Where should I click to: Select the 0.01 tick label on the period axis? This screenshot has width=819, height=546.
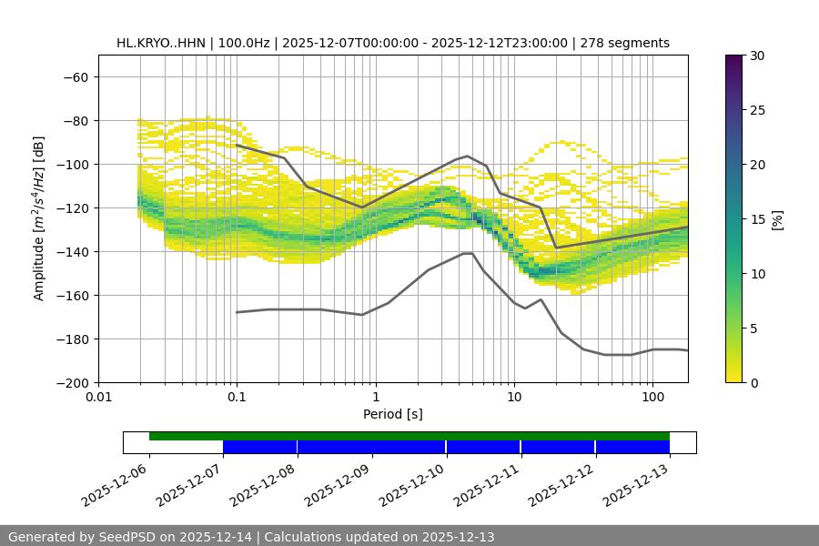[x=98, y=398]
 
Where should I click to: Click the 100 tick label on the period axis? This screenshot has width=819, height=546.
[x=652, y=398]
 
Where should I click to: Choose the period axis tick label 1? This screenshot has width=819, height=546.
[x=375, y=398]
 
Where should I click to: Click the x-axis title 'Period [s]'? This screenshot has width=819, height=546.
[x=393, y=414]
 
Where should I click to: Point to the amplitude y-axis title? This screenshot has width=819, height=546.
[x=39, y=218]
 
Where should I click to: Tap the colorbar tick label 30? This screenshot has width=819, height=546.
[x=757, y=56]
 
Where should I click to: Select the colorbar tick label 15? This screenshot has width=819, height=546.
[x=757, y=219]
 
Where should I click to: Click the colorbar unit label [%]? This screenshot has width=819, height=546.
[x=777, y=219]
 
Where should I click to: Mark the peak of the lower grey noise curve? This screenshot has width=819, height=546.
[x=468, y=253]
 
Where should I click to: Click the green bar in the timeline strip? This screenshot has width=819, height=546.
[x=409, y=436]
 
